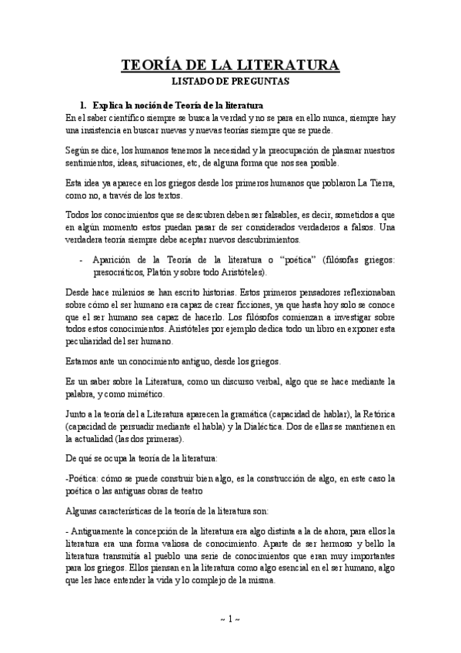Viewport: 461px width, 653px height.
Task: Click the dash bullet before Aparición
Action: click(x=82, y=260)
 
